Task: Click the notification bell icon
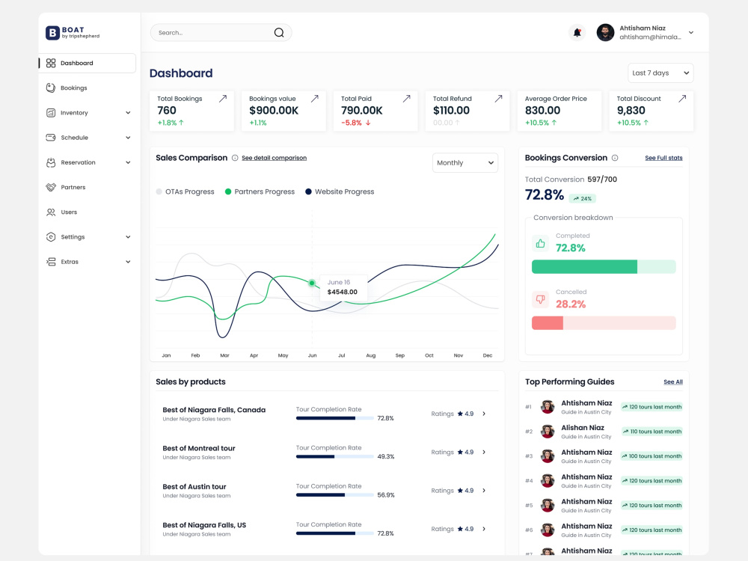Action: (x=577, y=32)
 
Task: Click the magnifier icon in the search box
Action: (x=278, y=32)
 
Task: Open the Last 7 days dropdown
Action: (x=660, y=73)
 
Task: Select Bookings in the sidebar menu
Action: (x=73, y=88)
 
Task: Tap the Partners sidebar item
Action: (x=73, y=187)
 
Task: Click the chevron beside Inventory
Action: (x=128, y=113)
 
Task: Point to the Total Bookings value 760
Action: (x=167, y=110)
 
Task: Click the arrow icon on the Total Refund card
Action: (x=498, y=98)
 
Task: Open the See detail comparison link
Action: (x=274, y=158)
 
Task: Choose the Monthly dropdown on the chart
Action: (x=465, y=162)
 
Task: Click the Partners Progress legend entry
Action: (x=260, y=191)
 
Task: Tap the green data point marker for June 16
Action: (x=312, y=283)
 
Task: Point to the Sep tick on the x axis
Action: (x=399, y=355)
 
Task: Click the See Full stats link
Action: (x=663, y=158)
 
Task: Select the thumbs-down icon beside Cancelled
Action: (x=540, y=299)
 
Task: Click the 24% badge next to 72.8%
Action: (x=583, y=198)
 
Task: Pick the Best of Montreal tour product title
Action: (x=199, y=448)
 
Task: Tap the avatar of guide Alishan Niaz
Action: (x=548, y=432)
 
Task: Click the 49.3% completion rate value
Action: (x=385, y=456)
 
